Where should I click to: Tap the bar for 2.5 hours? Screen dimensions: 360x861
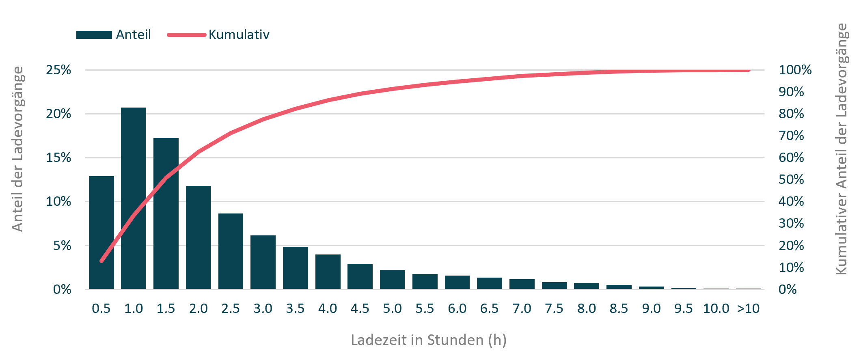coord(231,251)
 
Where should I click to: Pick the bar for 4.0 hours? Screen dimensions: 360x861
coord(328,272)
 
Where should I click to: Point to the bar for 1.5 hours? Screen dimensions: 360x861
coord(166,213)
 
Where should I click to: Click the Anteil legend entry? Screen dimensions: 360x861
coord(133,34)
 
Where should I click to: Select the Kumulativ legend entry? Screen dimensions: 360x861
coord(239,34)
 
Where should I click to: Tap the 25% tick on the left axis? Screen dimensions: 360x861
coord(58,70)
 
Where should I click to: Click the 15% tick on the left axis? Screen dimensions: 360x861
coord(58,157)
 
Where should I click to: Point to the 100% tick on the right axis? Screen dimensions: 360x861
coord(795,70)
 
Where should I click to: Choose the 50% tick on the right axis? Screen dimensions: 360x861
coord(791,179)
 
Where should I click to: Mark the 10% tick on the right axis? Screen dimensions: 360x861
coord(791,267)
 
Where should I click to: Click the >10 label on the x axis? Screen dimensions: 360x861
coord(748,308)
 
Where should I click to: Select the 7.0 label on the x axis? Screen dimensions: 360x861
coord(522,308)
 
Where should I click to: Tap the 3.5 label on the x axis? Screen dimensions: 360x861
coord(295,308)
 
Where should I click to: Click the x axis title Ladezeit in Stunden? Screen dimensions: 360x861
coord(429,340)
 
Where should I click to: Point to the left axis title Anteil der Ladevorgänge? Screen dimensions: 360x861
coord(17,149)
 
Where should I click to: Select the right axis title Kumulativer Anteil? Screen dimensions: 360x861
coord(842,149)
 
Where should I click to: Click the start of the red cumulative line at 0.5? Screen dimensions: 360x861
coord(101,261)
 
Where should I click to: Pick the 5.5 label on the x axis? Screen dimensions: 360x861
coord(425,308)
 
